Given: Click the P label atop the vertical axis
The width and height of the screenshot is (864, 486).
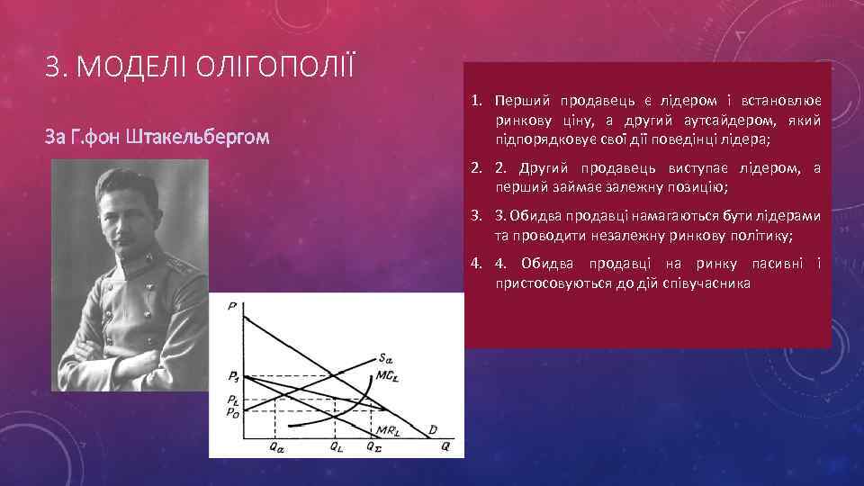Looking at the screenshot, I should (232, 307).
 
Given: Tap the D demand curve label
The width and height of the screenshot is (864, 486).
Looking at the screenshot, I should (433, 430).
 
